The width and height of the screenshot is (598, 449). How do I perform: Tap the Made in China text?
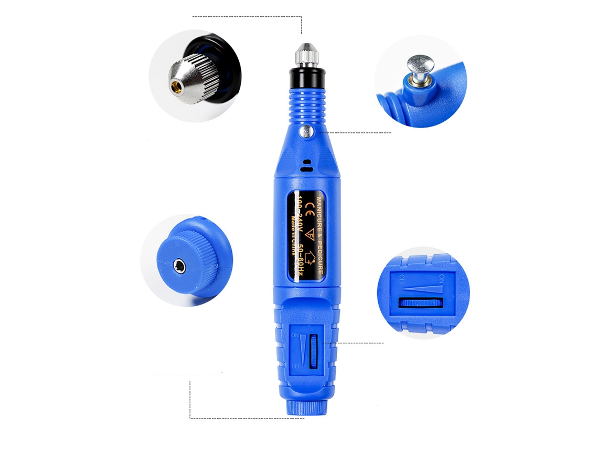pos(293,233)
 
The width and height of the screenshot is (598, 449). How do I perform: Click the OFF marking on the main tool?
pos(295,366)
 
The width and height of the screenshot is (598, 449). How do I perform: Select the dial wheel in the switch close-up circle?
pos(421,302)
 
